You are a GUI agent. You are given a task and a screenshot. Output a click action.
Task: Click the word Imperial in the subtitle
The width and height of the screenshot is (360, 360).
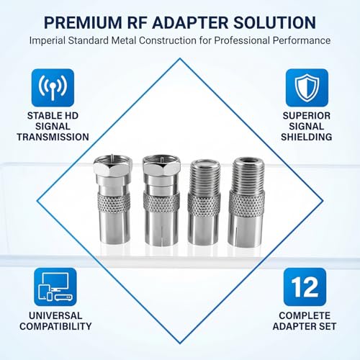click(x=52, y=40)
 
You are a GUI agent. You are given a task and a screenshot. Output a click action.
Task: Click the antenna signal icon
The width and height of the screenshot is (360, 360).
click(x=53, y=88)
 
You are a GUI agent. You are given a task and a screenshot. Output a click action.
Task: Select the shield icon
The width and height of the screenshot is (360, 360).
click(x=307, y=88)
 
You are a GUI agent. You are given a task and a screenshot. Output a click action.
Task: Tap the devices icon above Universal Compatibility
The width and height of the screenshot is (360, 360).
click(x=53, y=287)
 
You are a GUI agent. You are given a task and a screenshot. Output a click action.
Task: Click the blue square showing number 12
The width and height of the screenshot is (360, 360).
click(x=307, y=287)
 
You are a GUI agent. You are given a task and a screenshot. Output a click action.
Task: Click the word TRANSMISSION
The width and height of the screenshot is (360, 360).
click(x=53, y=137)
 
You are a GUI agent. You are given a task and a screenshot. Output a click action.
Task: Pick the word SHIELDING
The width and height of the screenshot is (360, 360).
click(x=307, y=137)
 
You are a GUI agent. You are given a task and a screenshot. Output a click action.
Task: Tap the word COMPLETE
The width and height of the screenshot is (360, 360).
click(x=307, y=315)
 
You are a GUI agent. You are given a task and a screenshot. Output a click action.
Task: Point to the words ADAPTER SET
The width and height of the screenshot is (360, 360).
click(x=307, y=326)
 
